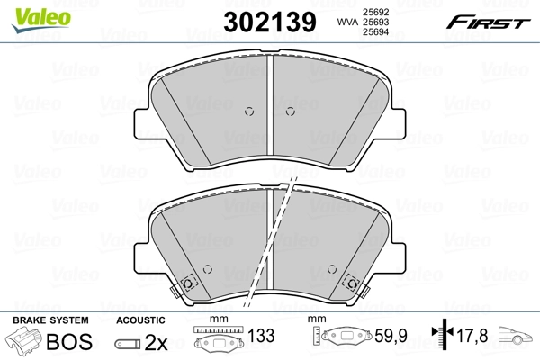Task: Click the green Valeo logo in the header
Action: coord(29,11)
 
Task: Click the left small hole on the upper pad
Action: coord(250,112)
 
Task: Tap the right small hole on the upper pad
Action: coord(290,112)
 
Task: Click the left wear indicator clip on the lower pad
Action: coord(188,283)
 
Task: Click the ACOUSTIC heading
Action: coord(141,320)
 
